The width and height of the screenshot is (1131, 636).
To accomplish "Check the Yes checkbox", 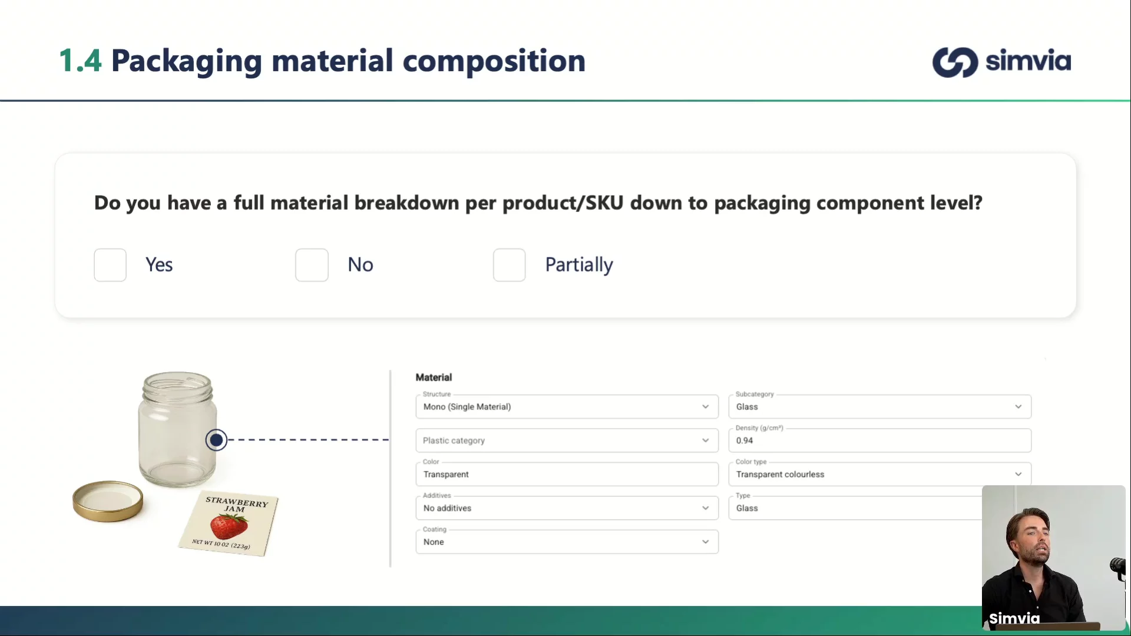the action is pyautogui.click(x=110, y=265).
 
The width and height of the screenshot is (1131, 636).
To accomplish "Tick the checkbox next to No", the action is pyautogui.click(x=312, y=265).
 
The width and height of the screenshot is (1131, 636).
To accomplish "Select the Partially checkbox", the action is pyautogui.click(x=510, y=265).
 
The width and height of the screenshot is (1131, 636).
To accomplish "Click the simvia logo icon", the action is pyautogui.click(x=955, y=62).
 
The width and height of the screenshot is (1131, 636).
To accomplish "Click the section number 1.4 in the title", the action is pyautogui.click(x=80, y=61).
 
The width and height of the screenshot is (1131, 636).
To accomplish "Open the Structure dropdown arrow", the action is pyautogui.click(x=705, y=407).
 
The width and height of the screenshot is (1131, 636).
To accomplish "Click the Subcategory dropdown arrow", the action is pyautogui.click(x=1018, y=407).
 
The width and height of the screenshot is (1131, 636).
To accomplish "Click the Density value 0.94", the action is pyautogui.click(x=745, y=440).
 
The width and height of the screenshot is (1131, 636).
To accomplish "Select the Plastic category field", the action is pyautogui.click(x=567, y=440).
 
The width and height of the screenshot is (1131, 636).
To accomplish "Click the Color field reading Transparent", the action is pyautogui.click(x=567, y=474).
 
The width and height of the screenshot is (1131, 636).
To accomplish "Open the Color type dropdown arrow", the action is pyautogui.click(x=1018, y=474).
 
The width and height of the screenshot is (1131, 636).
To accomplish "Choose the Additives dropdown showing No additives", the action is pyautogui.click(x=567, y=508).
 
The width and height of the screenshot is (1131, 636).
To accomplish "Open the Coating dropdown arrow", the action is pyautogui.click(x=705, y=542).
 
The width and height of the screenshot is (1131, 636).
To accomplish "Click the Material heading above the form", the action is pyautogui.click(x=434, y=377).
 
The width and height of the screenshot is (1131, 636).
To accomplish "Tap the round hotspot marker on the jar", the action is pyautogui.click(x=216, y=440).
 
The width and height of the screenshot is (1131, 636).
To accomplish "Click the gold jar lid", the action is pyautogui.click(x=108, y=501).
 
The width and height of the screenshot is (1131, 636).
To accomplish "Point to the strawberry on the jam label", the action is pyautogui.click(x=229, y=526).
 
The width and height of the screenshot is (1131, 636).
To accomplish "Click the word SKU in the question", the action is pyautogui.click(x=604, y=203).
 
